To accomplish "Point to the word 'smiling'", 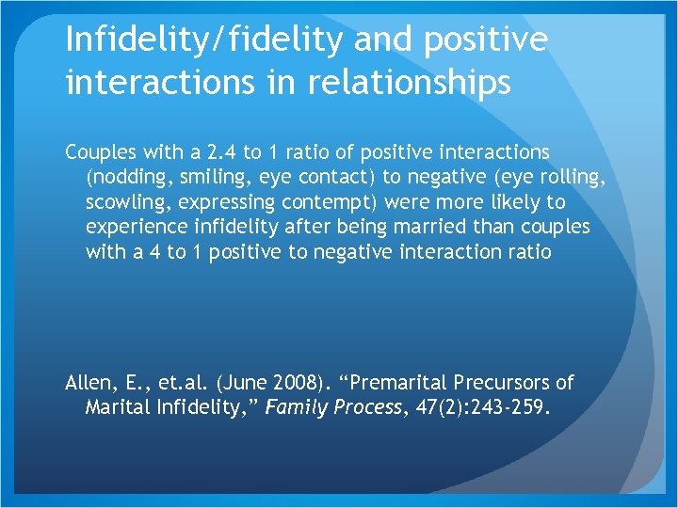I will coord(207,177).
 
